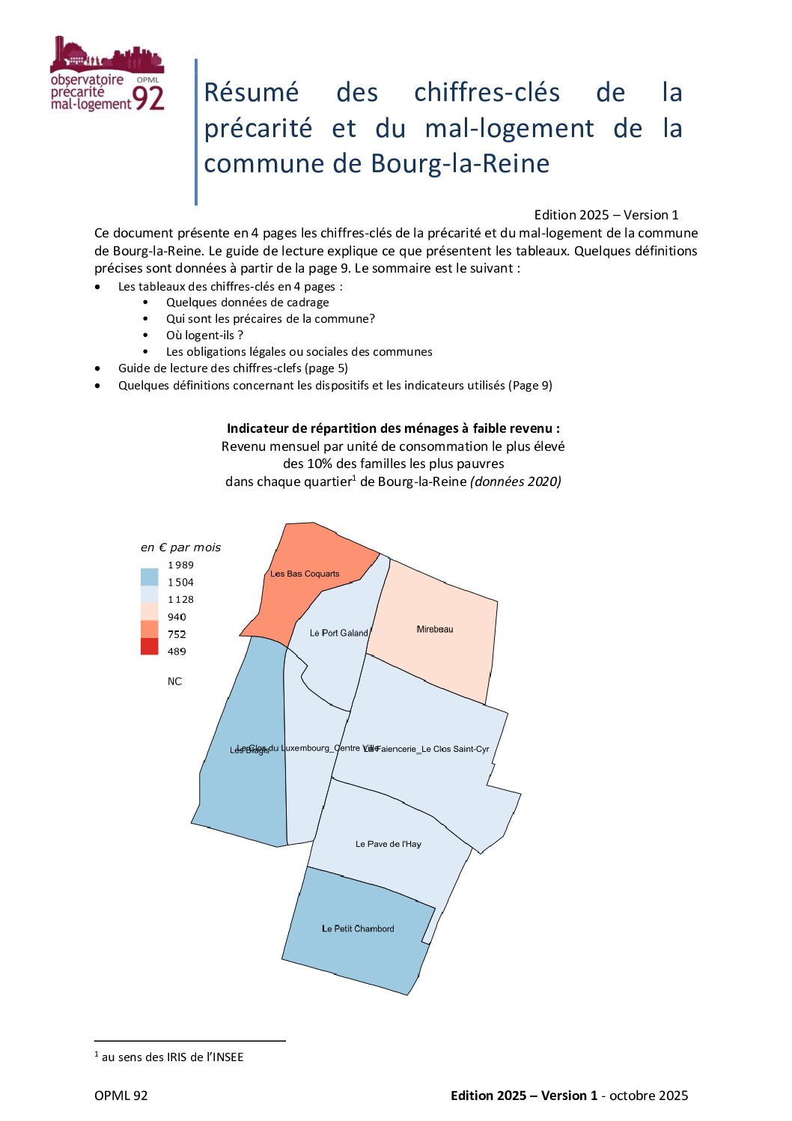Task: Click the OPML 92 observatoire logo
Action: click(107, 75)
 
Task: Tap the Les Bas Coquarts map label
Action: click(305, 574)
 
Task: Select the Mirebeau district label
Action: click(435, 629)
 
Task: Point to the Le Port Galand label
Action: click(339, 633)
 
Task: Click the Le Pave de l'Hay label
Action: click(388, 844)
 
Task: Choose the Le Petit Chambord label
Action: click(358, 929)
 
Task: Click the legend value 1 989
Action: click(180, 565)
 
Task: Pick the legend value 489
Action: click(177, 651)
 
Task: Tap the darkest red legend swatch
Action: click(150, 646)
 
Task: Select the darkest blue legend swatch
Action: click(150, 577)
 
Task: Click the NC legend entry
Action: click(174, 681)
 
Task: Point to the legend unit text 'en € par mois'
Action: click(180, 547)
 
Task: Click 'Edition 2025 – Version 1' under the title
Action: click(606, 215)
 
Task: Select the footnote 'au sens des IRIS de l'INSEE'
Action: click(172, 1057)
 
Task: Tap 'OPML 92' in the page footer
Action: click(121, 1096)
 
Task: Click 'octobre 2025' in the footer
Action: click(648, 1096)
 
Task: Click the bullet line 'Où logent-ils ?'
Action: click(204, 335)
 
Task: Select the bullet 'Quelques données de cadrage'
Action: click(247, 302)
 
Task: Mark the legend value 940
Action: click(177, 617)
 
